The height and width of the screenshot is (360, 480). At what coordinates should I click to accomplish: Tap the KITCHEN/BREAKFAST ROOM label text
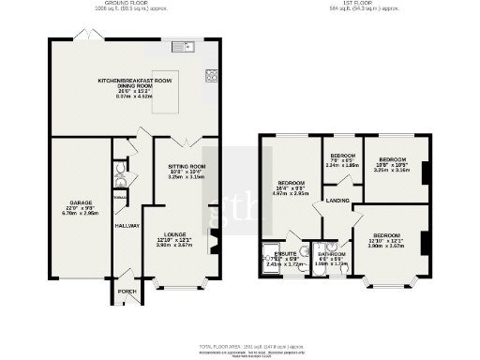click(x=137, y=82)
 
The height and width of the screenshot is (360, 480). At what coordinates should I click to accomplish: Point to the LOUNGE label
click(x=175, y=234)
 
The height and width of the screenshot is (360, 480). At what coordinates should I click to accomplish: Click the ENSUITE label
click(x=286, y=253)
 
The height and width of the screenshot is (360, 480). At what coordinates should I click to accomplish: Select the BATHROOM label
click(x=335, y=253)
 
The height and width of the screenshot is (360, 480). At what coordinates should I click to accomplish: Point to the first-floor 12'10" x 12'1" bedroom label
click(x=385, y=234)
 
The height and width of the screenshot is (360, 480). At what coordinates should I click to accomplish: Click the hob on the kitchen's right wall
click(x=213, y=77)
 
